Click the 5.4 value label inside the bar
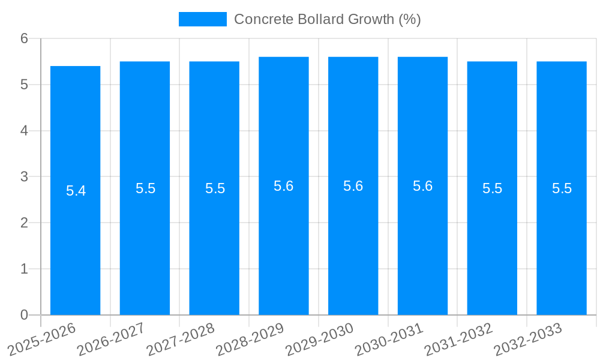point(76,191)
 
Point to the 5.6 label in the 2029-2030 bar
point(353,186)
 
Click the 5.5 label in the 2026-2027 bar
point(145,188)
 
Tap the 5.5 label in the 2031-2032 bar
point(492,188)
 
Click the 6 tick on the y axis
point(24,38)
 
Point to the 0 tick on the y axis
point(24,315)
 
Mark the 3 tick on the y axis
point(24,177)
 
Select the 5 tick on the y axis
point(24,85)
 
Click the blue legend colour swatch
point(203,19)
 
